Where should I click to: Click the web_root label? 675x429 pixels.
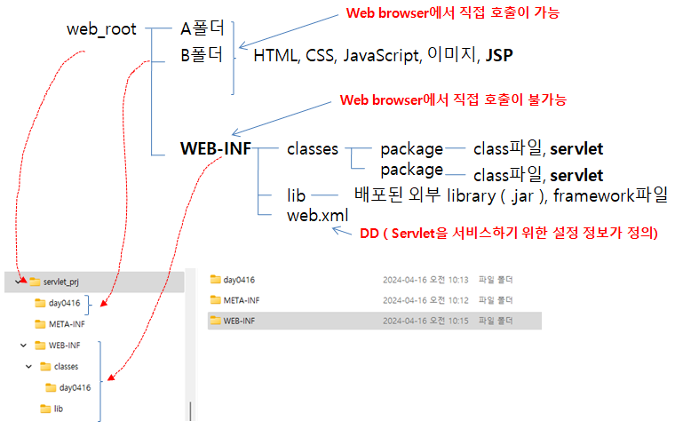point(101,29)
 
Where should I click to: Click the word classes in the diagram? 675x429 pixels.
point(313,149)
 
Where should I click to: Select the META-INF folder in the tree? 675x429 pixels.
point(67,324)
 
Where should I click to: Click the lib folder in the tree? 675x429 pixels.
point(58,409)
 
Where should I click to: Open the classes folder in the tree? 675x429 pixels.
point(66,366)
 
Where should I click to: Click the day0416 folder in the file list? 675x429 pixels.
point(240,280)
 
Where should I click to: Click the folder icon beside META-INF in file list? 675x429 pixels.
point(215,300)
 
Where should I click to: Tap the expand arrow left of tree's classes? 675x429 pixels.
point(29,366)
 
